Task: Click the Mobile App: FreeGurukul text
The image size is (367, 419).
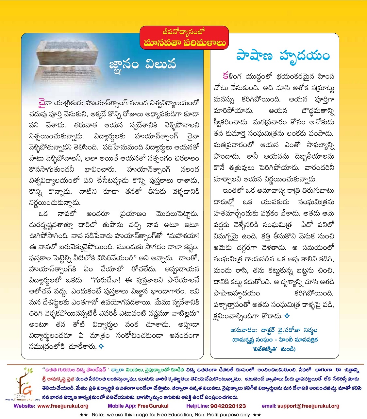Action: click(x=138, y=406)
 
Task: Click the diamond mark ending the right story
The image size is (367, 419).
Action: click(x=287, y=316)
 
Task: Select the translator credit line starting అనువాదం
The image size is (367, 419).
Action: click(x=274, y=330)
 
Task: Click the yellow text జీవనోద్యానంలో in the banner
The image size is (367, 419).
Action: click(x=184, y=32)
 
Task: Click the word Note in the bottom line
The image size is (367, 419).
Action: click(x=98, y=414)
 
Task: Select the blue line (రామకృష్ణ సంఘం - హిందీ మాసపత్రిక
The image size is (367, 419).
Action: click(x=275, y=340)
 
